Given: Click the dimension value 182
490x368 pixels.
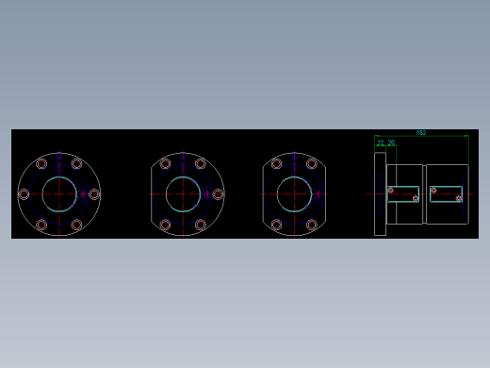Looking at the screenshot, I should click(x=421, y=133).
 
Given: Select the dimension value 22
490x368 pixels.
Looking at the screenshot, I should click(x=381, y=143).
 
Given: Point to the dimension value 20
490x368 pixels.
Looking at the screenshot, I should click(x=391, y=143).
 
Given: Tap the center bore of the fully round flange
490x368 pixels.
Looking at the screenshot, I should click(x=58, y=194).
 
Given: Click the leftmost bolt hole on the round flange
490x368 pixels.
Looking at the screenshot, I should click(x=24, y=194).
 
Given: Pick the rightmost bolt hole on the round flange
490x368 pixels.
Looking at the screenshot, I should click(x=94, y=194).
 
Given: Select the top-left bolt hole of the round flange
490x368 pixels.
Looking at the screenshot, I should click(x=41, y=163).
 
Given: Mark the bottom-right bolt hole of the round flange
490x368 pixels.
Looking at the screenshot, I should click(x=76, y=225).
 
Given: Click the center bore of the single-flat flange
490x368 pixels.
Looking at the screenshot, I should click(x=183, y=194).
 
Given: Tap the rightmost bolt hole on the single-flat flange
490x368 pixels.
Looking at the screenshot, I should click(x=218, y=194).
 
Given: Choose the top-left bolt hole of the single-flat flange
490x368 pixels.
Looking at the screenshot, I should click(x=165, y=163).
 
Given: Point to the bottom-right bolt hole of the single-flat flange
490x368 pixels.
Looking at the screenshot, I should click(x=200, y=225).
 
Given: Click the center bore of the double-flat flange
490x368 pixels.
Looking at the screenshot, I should click(x=294, y=194).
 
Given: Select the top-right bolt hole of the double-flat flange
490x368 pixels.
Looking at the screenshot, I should click(x=312, y=163).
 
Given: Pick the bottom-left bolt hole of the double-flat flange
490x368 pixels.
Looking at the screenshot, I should click(x=276, y=225).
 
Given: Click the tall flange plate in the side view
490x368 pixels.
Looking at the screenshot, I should click(x=380, y=193).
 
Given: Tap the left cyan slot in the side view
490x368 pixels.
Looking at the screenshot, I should click(x=403, y=193).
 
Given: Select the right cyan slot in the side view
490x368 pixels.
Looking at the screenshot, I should click(x=447, y=193).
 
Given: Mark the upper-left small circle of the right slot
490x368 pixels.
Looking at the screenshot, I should click(x=433, y=190).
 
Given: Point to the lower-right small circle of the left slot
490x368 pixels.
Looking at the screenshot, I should click(x=415, y=198).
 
